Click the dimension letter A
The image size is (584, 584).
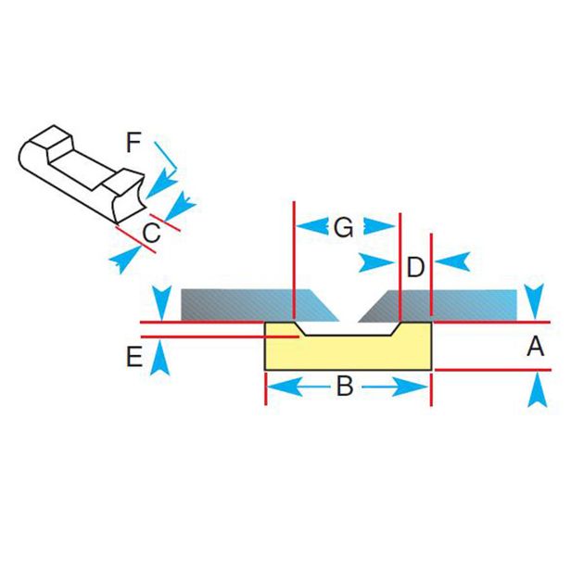pos(535,347)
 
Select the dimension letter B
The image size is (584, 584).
pos(344,387)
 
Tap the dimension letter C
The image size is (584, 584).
pos(152,233)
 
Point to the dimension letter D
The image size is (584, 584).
pos(415,267)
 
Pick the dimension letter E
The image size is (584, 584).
pos(133,358)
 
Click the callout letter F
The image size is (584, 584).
pos(134,143)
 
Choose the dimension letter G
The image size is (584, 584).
pos(344,227)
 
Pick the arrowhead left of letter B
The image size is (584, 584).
pos(282,387)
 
